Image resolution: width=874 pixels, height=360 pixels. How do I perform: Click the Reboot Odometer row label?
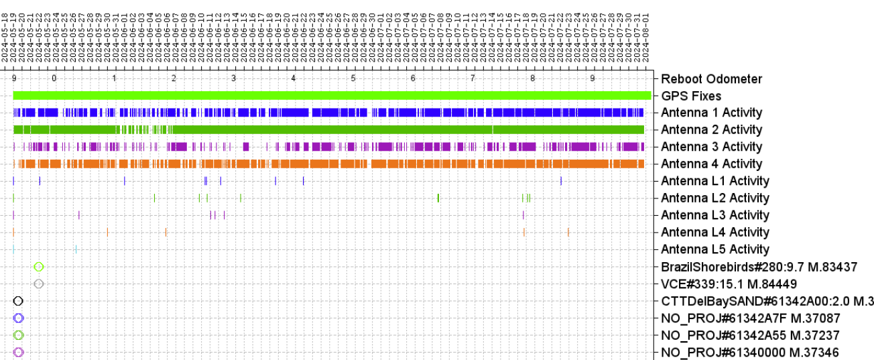tap(711, 79)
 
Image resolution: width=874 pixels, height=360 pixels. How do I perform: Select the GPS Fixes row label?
tap(690, 96)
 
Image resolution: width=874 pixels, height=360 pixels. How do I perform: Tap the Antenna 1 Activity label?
tap(711, 113)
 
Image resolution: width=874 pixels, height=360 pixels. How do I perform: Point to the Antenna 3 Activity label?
tap(711, 147)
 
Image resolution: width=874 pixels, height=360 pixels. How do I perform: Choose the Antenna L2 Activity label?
tap(714, 198)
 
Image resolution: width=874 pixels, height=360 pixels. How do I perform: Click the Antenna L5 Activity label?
tap(714, 249)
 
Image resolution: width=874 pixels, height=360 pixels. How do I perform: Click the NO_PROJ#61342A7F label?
tap(750, 318)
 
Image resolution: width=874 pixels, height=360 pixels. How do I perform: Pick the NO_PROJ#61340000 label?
tap(749, 353)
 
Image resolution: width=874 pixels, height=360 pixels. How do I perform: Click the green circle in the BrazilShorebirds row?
tap(39, 267)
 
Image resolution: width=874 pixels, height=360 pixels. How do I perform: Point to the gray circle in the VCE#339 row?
tap(39, 284)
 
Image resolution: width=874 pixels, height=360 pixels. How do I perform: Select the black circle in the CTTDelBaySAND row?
tap(18, 301)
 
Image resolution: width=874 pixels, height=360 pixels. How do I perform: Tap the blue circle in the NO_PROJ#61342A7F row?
tap(18, 318)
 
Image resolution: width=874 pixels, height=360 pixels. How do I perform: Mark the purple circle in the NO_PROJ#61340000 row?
tap(18, 353)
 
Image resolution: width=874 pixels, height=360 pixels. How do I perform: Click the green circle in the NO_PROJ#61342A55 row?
tap(18, 335)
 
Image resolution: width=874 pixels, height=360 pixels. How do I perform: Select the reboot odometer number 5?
tap(353, 79)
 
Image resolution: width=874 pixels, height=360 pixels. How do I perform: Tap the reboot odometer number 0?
tap(54, 79)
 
